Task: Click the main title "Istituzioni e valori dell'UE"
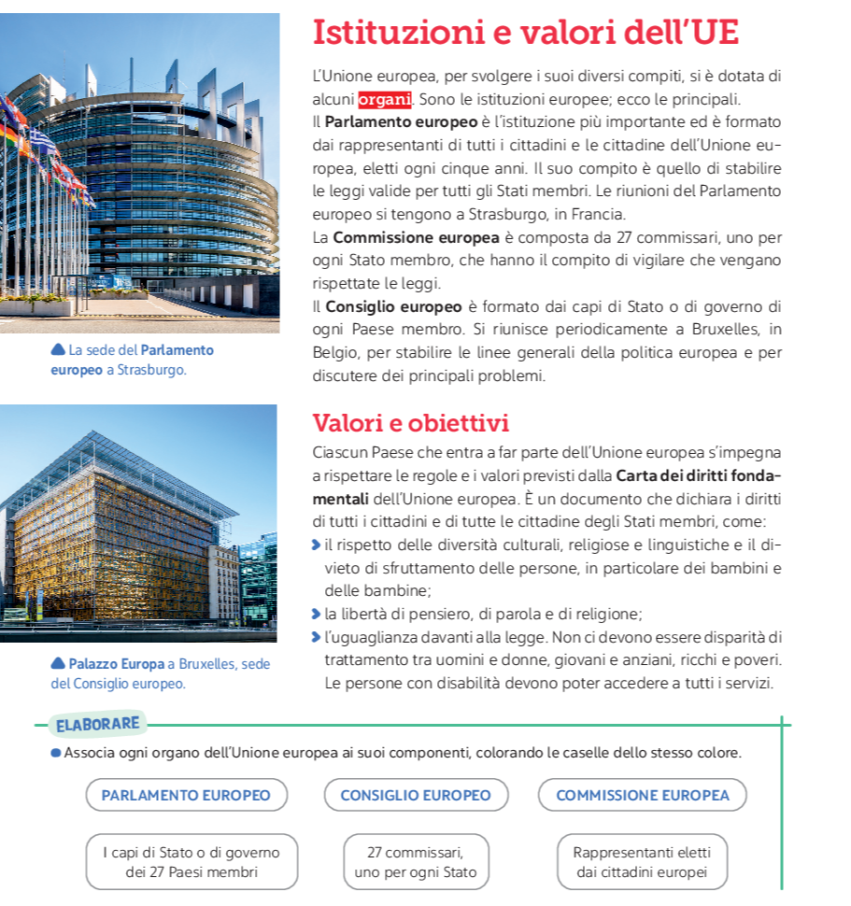click(525, 33)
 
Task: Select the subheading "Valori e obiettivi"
click(410, 423)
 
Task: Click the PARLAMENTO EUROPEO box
click(186, 796)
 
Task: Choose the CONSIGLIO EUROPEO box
click(415, 796)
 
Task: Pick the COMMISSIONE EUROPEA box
click(642, 796)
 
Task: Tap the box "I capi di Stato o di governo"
click(191, 862)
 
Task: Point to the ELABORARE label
click(97, 724)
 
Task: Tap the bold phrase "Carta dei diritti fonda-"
click(698, 475)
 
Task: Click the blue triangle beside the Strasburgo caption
click(58, 350)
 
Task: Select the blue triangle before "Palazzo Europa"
click(58, 664)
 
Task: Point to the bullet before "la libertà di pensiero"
click(318, 614)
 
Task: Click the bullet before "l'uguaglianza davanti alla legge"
click(318, 638)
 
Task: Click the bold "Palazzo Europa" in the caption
click(117, 664)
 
